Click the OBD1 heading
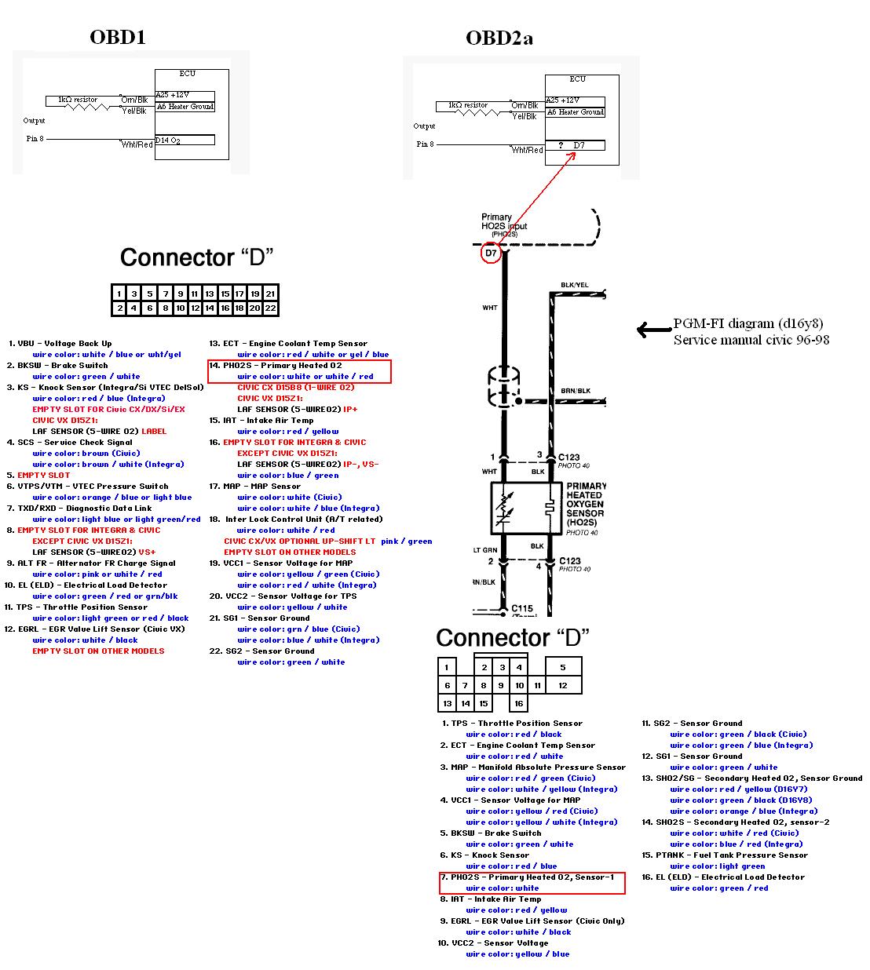[x=118, y=37]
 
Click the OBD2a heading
[x=499, y=38]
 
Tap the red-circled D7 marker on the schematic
[x=491, y=253]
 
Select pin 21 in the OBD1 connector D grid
[x=270, y=294]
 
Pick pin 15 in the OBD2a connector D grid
[x=484, y=703]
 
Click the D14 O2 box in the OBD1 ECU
[x=185, y=140]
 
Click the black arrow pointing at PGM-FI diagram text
[x=652, y=330]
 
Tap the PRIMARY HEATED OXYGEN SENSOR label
[x=585, y=505]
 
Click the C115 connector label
[x=522, y=608]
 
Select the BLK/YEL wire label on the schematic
[x=575, y=285]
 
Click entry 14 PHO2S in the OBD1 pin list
[x=283, y=366]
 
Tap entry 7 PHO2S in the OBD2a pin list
[x=532, y=877]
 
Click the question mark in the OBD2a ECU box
[x=561, y=145]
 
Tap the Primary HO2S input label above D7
[x=503, y=222]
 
